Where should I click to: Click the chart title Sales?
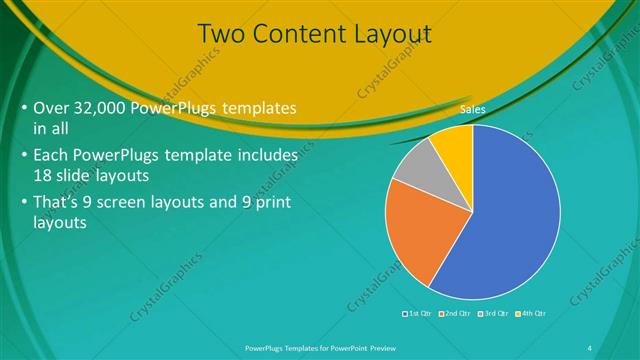(x=472, y=109)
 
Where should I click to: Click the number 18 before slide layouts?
(x=45, y=174)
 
